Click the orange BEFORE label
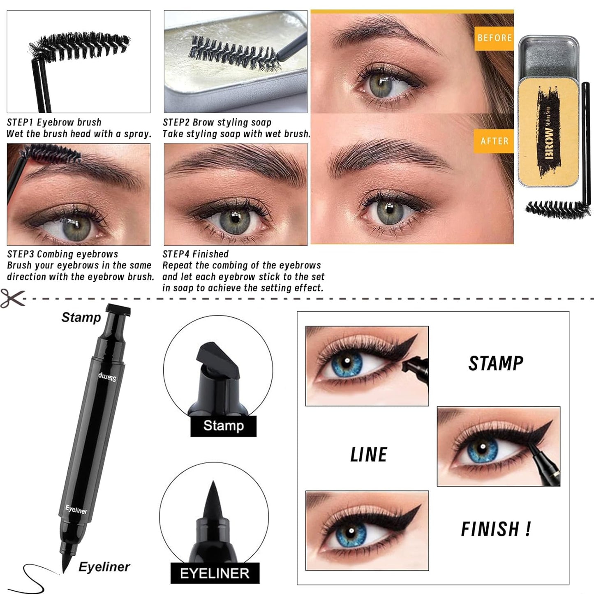[x=494, y=38]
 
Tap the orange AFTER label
[x=494, y=141]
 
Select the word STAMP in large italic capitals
[x=496, y=363]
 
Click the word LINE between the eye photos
[x=369, y=455]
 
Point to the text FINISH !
[x=496, y=529]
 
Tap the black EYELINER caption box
[x=215, y=573]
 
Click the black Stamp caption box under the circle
[x=223, y=426]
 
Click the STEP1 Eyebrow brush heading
[x=54, y=122]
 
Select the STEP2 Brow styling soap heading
[x=217, y=122]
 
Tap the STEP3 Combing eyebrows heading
[x=62, y=254]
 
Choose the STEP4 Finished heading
[x=196, y=254]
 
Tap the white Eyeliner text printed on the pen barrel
[x=76, y=510]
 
